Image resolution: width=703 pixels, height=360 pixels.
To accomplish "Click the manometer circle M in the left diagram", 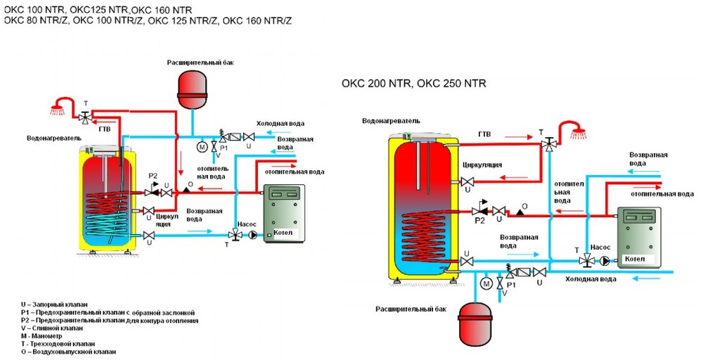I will [x=202, y=147].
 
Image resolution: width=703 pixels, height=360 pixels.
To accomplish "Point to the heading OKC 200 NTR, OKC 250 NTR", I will [x=413, y=84].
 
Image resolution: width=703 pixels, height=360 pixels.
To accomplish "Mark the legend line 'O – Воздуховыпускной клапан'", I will [x=67, y=351].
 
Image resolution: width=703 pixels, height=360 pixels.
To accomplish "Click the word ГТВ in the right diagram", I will [x=484, y=133].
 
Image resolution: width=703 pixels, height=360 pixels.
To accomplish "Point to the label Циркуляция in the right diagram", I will [x=482, y=165].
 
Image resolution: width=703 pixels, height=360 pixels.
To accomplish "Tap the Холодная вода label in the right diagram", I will [x=591, y=279].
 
